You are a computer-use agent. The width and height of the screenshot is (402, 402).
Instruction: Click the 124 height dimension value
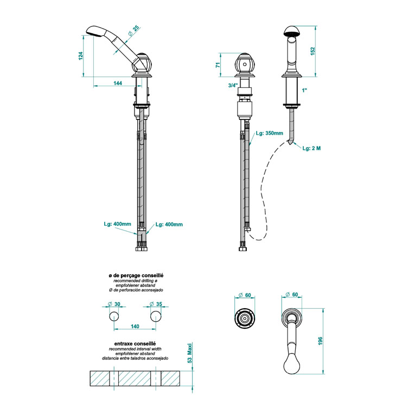(x=81, y=56)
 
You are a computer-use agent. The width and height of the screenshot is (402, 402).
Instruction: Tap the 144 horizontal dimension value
(x=118, y=83)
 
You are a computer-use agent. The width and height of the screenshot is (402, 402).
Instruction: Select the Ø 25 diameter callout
(x=134, y=30)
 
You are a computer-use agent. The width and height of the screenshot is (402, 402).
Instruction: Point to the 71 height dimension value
(x=218, y=65)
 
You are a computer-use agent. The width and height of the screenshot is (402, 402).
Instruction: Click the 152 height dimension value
(x=312, y=51)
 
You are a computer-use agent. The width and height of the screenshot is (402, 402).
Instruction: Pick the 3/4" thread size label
(x=233, y=85)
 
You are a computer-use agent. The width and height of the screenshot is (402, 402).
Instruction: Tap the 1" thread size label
(x=304, y=90)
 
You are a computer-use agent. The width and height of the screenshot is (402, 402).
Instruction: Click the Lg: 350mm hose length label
(x=270, y=133)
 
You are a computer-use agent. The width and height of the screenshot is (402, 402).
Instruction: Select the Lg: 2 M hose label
(x=311, y=148)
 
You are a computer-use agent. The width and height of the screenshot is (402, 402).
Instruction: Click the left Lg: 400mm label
(x=117, y=224)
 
